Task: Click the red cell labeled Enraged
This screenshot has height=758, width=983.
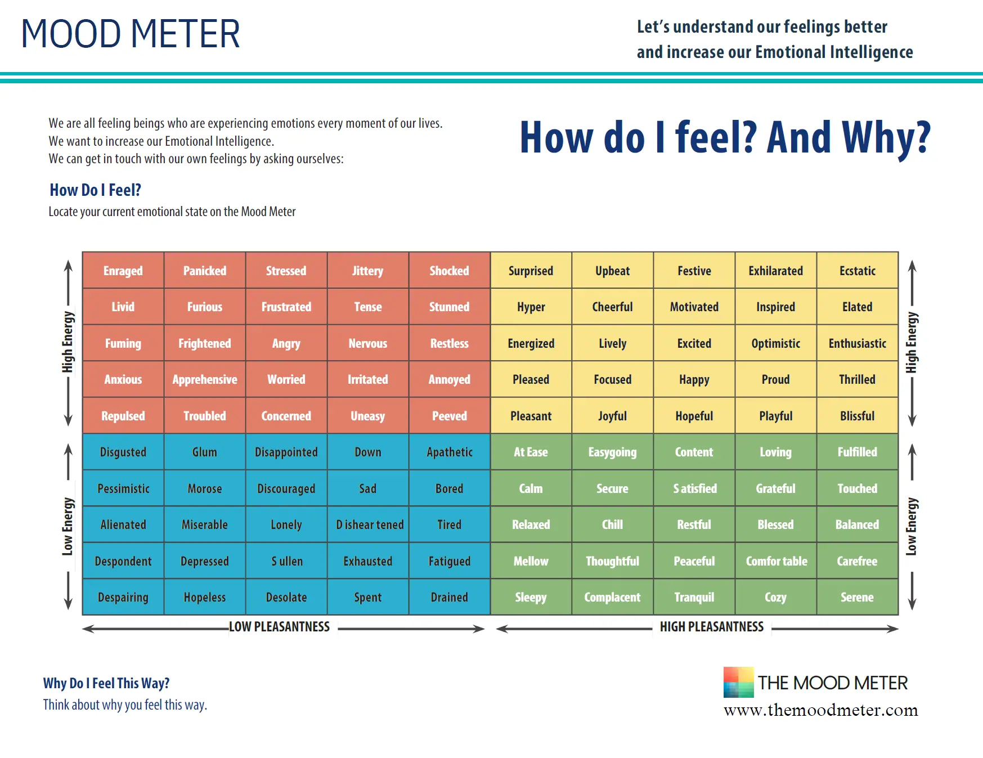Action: pos(123,271)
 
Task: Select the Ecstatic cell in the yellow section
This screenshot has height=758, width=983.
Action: pos(857,271)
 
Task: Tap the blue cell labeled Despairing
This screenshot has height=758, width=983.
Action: pos(123,597)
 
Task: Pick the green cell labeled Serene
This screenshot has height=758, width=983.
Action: pos(857,597)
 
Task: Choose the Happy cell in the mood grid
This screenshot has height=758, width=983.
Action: pos(694,379)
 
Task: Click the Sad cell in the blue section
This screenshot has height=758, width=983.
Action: pos(367,488)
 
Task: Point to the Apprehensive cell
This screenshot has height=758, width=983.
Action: pos(205,379)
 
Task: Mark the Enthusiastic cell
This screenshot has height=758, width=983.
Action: pos(857,343)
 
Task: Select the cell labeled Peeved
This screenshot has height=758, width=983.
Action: pos(449,416)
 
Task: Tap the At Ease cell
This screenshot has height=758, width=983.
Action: pos(531,452)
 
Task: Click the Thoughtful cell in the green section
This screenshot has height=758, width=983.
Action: pos(612,561)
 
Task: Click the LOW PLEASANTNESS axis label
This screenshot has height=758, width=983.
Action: pos(279,627)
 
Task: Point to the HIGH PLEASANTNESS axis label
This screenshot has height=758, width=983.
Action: pos(712,627)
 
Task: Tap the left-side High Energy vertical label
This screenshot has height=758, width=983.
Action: pos(68,342)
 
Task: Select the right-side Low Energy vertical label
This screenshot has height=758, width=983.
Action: pos(912,526)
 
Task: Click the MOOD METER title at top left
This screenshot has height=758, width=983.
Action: pos(131,34)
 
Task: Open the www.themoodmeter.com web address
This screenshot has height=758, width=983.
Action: pos(820,710)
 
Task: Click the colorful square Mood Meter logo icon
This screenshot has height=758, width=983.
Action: pos(738,682)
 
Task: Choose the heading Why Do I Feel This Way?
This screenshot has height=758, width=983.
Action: pos(106,683)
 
